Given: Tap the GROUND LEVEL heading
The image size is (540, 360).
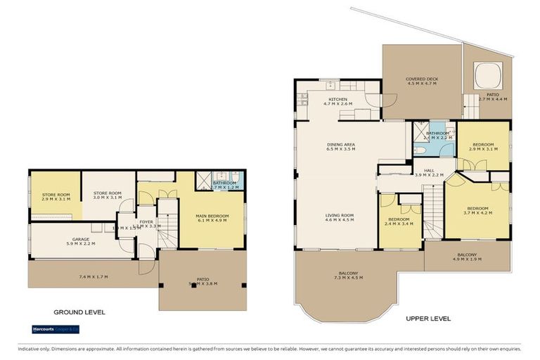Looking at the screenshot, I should [79, 312].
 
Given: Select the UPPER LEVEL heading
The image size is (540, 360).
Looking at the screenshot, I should [428, 319].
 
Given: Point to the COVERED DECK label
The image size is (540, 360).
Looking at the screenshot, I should [421, 79].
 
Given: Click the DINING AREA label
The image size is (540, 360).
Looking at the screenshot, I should [340, 145].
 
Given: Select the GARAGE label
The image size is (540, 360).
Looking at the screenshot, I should [80, 240].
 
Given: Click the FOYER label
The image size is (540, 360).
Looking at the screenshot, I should [146, 222].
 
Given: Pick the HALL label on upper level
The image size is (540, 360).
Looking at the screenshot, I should [429, 170].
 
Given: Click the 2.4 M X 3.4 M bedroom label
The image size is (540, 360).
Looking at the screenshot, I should [399, 224].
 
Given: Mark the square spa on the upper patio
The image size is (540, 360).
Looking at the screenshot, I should [486, 74].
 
